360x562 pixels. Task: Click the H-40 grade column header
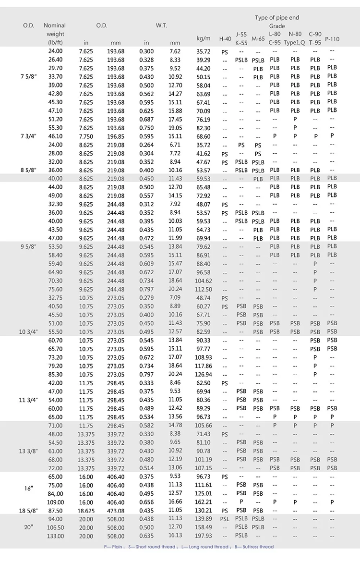tap(225, 38)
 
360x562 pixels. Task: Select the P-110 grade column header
tap(332, 38)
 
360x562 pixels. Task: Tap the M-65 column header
tap(258, 38)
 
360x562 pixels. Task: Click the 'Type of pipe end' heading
tap(277, 18)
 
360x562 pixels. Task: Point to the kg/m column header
tap(204, 38)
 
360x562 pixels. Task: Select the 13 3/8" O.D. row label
tap(29, 451)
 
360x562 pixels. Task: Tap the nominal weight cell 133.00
tap(55, 536)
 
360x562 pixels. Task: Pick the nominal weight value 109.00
tap(55, 502)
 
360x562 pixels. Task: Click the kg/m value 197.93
tap(204, 536)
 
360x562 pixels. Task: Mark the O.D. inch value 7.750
tap(86, 136)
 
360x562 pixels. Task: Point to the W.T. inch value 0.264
tap(147, 145)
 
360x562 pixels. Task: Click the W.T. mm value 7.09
tap(175, 298)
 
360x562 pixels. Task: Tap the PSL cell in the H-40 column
tap(225, 519)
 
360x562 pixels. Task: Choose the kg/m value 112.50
tap(204, 289)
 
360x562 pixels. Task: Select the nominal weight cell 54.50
tap(55, 442)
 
